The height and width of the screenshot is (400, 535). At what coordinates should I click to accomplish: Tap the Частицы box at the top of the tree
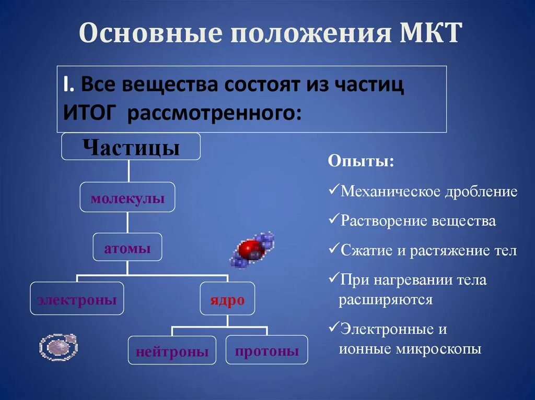coord(131,147)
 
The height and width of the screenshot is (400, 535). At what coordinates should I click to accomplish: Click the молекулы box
coord(127,197)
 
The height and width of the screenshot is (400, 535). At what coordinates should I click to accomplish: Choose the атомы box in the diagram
coord(127,248)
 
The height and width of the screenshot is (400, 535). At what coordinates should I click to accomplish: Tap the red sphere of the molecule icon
coord(249,250)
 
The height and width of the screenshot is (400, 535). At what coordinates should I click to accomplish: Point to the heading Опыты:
coord(361,162)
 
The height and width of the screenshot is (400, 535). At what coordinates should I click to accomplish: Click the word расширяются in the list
coord(386,300)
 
